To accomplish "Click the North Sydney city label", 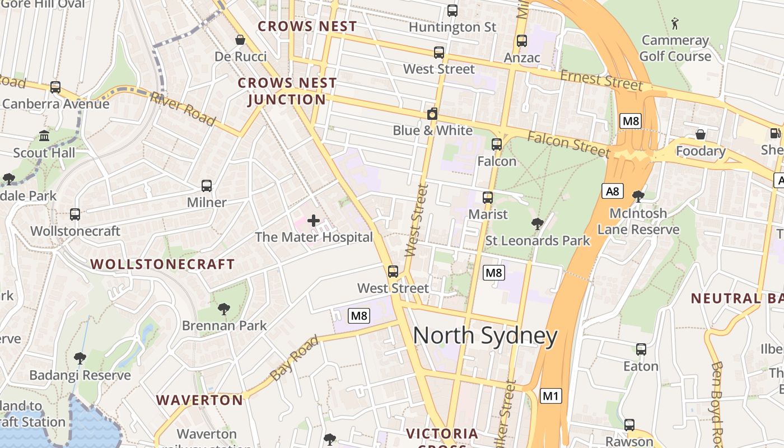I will pos(485,336).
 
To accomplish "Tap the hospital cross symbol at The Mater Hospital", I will pos(314,221).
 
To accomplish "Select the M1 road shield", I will pos(551,396).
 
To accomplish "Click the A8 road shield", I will pos(613,191).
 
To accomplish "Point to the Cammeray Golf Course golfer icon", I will pos(675,24).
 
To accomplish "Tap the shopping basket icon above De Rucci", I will pos(240,40).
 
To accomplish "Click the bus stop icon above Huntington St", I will pos(452,11).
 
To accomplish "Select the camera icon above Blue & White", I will pos(432,114).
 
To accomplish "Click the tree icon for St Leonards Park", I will pos(538,224).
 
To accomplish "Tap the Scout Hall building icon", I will pos(44,136).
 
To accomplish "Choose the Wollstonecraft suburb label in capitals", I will pos(162,264).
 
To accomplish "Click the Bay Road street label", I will pos(295,358).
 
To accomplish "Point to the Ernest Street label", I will pos(601,80).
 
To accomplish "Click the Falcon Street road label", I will pos(568,144).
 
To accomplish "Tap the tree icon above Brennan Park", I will pos(224,309).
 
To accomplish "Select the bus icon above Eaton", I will pos(641,349).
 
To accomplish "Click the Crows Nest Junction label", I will pos(287,91).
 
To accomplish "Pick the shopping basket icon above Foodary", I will pos(701,134).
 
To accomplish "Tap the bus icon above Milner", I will pos(207,186).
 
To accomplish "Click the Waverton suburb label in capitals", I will pos(199,400).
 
